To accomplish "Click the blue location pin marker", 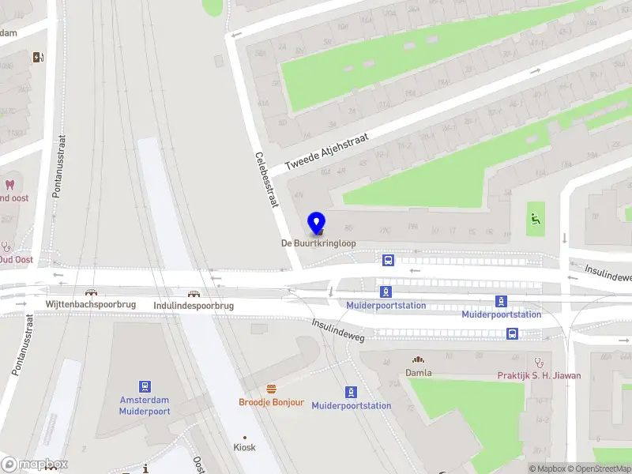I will tap(317, 224).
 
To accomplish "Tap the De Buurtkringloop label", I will tap(318, 244).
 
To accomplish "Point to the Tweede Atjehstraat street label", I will tap(326, 150).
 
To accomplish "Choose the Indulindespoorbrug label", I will tap(194, 306).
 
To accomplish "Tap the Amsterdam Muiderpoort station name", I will tap(145, 405).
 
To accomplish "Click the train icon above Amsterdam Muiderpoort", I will tap(145, 386).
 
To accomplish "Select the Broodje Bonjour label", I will tap(272, 402).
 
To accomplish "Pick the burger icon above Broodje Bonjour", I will tap(272, 389).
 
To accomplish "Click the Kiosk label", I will tap(245, 447).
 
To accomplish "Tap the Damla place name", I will tap(418, 372).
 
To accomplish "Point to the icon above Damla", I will tap(418, 359).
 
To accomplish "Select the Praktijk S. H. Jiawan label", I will tap(539, 375).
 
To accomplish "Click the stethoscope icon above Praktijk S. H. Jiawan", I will tap(540, 361).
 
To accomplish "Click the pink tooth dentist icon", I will tap(10, 185).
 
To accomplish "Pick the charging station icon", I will tap(37, 57).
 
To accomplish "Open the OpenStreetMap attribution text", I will tap(600, 468).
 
